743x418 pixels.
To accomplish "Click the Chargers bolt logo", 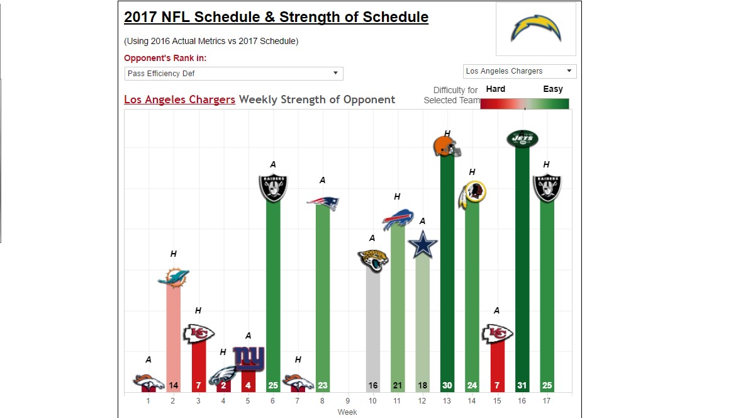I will [535, 29].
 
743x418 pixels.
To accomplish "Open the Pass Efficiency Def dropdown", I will [233, 74].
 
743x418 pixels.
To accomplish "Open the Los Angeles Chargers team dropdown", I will [520, 71].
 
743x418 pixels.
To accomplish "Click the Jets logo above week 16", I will [522, 138].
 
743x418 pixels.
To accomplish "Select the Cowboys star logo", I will [422, 244].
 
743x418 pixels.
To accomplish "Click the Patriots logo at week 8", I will [323, 203].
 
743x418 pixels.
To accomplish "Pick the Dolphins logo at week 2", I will [173, 277].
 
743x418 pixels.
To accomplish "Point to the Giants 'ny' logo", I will [249, 358].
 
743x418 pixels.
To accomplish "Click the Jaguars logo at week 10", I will [372, 260].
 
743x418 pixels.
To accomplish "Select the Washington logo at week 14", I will [472, 195].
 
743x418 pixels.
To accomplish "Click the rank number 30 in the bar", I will [447, 385].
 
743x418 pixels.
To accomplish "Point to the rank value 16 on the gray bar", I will [372, 385].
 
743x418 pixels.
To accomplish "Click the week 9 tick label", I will [347, 400].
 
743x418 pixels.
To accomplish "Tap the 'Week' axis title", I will [347, 412].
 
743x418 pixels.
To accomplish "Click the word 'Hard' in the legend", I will [496, 89].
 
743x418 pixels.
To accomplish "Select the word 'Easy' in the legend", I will [553, 89].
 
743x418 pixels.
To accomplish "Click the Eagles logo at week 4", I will [222, 376].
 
